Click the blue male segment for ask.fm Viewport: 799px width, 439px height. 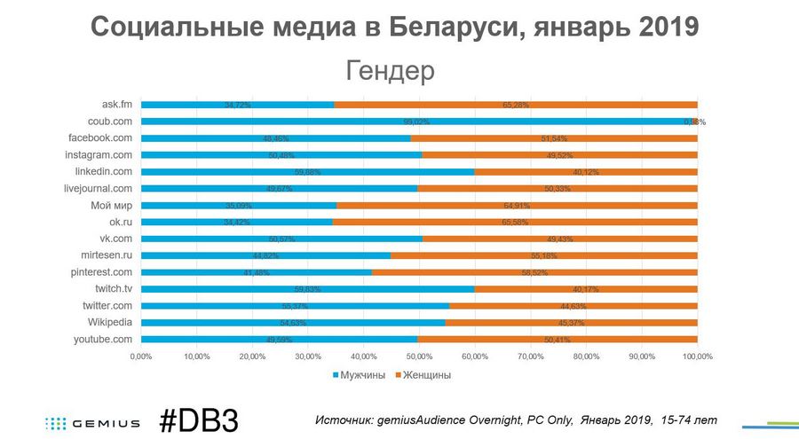[237, 105]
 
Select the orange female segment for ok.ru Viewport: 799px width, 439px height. [514, 222]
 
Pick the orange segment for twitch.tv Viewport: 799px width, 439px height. [586, 288]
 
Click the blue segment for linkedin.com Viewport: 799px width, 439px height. [307, 171]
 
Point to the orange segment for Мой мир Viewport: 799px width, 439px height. [517, 205]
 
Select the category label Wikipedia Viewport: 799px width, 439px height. [109, 322]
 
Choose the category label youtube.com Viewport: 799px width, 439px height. [103, 339]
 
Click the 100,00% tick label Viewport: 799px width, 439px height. [697, 357]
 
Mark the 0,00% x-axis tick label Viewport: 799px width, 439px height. [141, 357]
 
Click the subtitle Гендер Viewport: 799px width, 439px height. [391, 70]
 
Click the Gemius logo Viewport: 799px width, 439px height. [92, 423]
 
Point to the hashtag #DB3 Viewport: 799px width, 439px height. [199, 420]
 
